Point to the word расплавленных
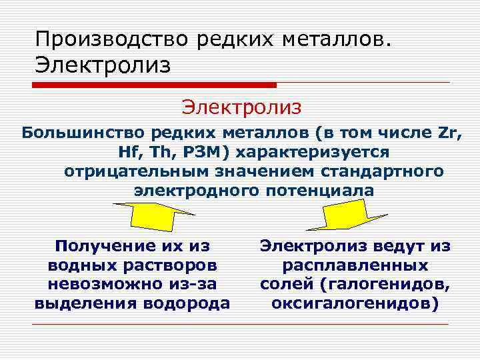(x=355, y=265)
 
